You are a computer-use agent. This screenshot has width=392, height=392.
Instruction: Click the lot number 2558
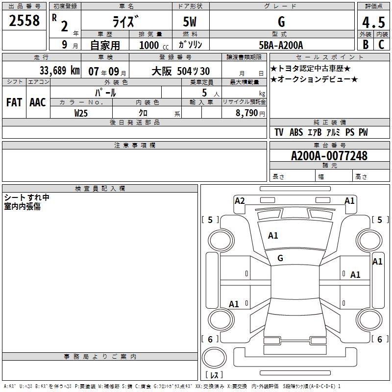tap(24, 21)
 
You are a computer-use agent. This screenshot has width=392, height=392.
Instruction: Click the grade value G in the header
tap(281, 22)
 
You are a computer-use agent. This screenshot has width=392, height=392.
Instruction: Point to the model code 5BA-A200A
tap(281, 45)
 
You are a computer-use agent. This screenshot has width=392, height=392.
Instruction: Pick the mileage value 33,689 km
tap(59, 70)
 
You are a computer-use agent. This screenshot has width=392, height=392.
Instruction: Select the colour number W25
tap(81, 113)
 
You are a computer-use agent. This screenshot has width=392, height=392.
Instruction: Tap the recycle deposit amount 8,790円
tap(250, 113)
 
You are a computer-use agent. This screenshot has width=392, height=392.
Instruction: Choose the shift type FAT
tap(14, 102)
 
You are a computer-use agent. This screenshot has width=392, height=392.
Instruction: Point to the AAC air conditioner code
tap(38, 102)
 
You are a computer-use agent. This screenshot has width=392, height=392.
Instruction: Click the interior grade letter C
tap(381, 45)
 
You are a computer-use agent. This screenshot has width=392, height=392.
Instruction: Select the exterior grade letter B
tap(365, 45)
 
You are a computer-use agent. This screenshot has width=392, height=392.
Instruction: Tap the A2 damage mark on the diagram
tap(240, 200)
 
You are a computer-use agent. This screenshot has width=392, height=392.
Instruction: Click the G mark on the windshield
tap(280, 258)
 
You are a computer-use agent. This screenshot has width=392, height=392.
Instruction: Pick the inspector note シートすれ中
tap(27, 197)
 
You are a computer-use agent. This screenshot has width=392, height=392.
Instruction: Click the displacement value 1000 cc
tap(153, 45)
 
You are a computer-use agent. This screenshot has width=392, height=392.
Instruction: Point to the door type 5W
tap(190, 22)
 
